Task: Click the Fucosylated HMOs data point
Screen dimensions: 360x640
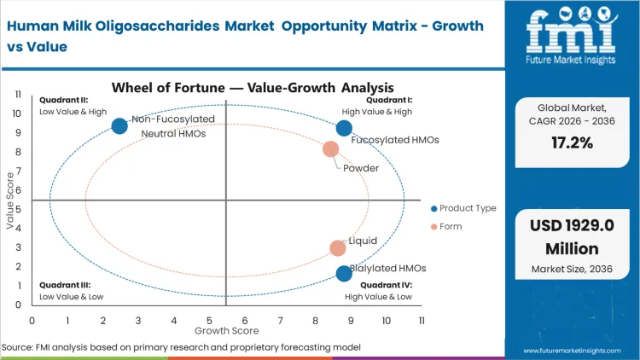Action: tap(344, 128)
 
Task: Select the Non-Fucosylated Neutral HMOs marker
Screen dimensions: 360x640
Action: tap(119, 126)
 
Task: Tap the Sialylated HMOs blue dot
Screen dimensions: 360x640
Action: tap(344, 274)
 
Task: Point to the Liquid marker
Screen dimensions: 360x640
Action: tap(338, 248)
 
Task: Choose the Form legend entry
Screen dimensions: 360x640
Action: tap(451, 226)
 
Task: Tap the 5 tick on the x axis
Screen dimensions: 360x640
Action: tap(209, 320)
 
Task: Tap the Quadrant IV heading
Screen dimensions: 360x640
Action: tap(387, 286)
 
